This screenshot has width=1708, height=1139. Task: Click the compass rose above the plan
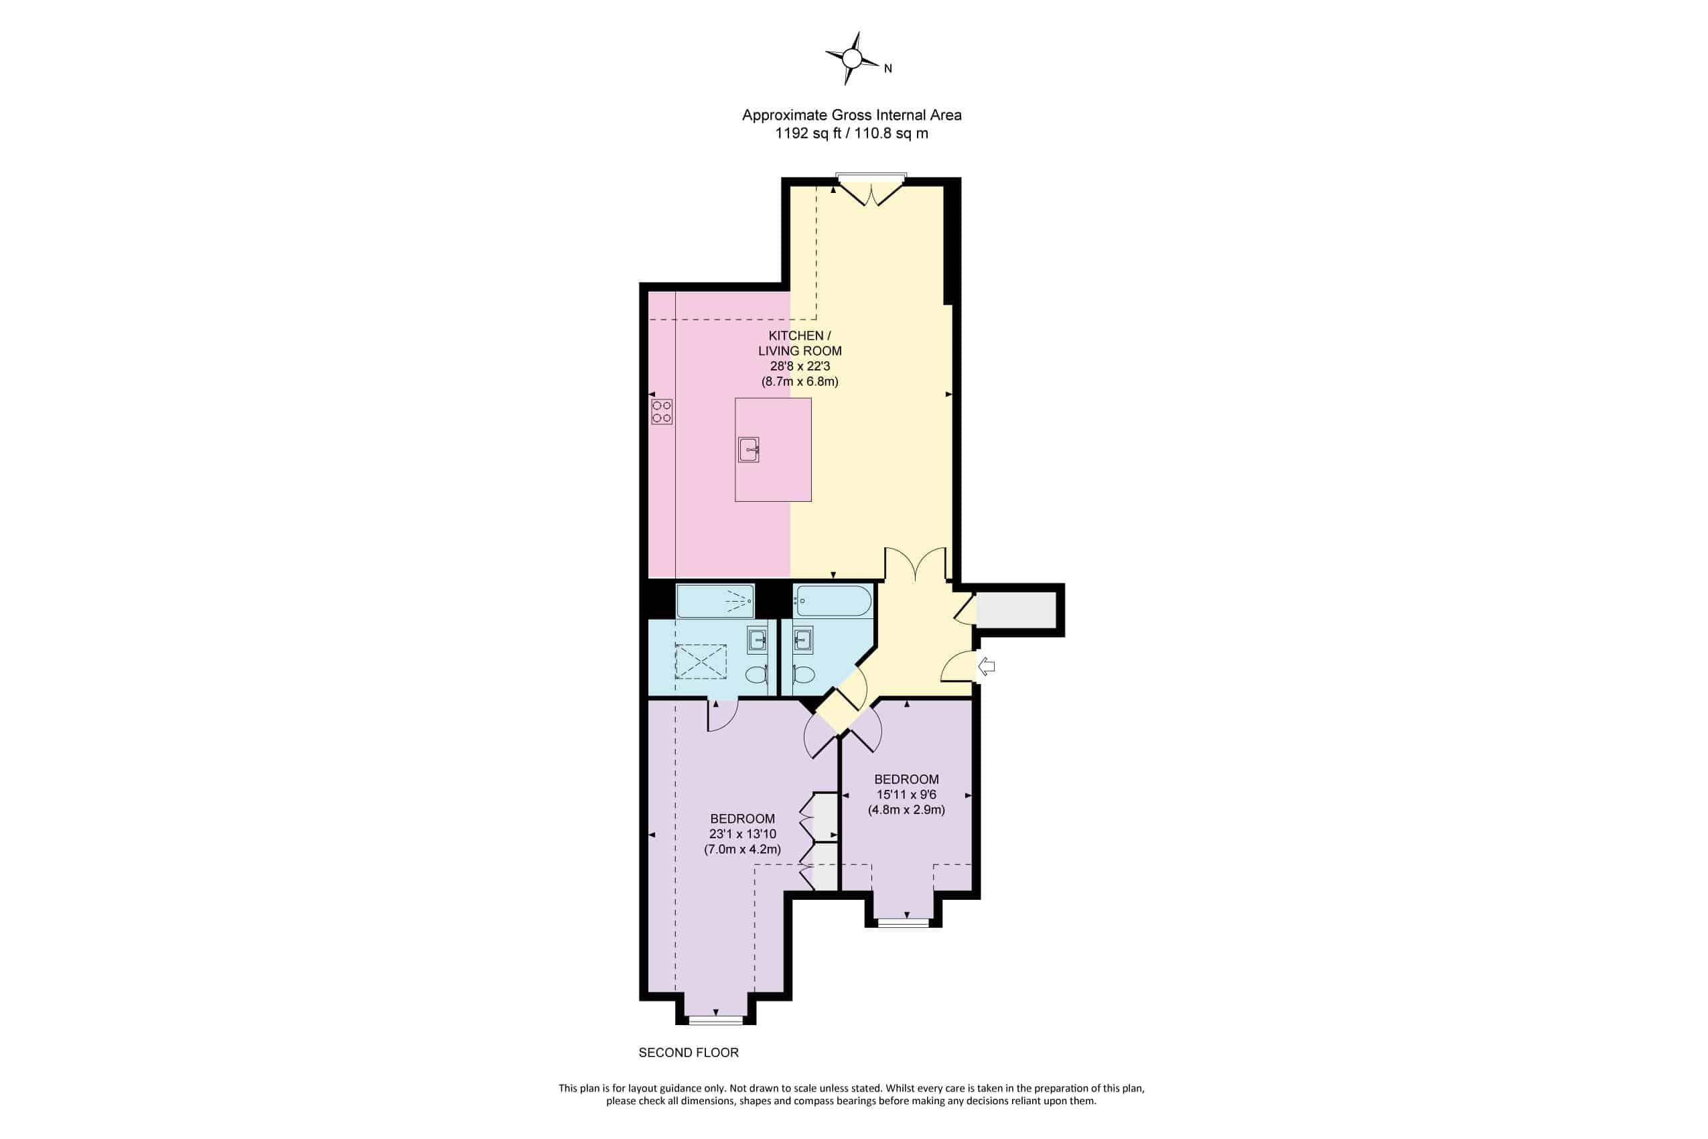852,59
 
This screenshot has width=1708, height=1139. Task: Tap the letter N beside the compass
887,69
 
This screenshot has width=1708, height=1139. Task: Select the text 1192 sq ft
808,133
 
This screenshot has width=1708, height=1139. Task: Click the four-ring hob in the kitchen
662,412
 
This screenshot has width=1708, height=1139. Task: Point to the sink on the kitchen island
749,450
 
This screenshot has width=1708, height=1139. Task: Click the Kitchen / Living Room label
800,344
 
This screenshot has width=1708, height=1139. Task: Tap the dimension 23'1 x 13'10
742,834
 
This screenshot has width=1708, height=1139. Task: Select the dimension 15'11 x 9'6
906,795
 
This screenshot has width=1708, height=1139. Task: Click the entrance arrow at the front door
986,666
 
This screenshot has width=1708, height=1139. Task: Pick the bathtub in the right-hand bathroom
832,602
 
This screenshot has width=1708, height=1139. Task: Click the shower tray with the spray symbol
715,601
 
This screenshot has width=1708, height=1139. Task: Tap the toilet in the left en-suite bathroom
757,674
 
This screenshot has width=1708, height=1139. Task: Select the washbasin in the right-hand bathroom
802,640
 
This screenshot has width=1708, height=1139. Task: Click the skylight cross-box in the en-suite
701,661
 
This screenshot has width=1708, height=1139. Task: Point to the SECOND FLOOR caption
689,1053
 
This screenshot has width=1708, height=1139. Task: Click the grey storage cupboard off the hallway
1016,610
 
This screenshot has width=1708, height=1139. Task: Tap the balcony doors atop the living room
871,190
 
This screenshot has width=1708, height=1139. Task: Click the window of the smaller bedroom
904,923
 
